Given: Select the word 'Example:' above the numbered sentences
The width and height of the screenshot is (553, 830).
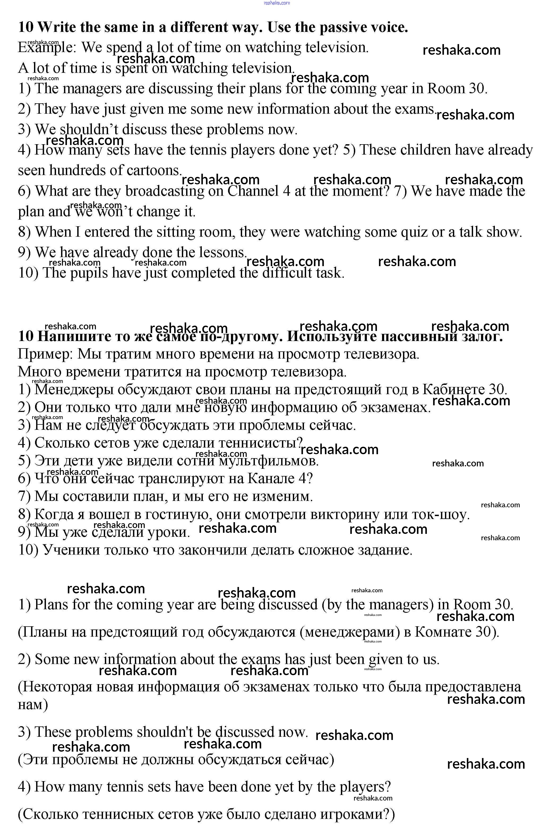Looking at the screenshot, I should tap(47, 48).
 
